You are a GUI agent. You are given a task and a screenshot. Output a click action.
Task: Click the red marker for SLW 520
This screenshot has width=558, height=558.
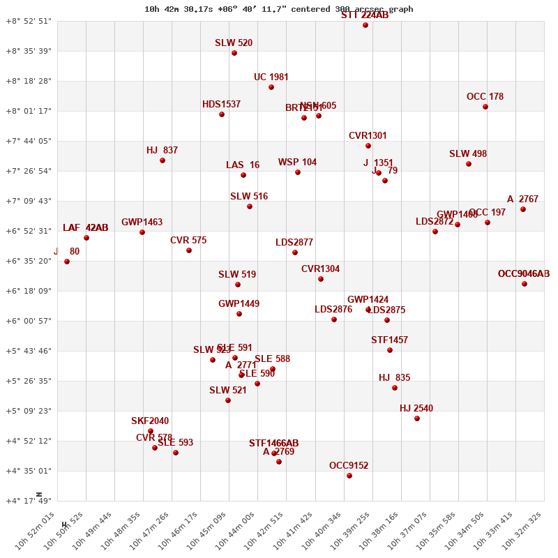tap(234, 53)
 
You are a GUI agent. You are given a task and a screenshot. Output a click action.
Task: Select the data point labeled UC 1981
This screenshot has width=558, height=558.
tap(271, 87)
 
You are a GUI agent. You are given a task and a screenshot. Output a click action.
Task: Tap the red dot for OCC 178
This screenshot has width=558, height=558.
tap(485, 107)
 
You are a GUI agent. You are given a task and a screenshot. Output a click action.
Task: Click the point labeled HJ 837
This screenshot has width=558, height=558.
tap(163, 160)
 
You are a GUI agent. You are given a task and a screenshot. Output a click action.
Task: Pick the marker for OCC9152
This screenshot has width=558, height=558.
tap(349, 476)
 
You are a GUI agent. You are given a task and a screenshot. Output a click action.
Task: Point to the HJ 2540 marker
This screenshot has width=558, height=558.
tap(417, 418)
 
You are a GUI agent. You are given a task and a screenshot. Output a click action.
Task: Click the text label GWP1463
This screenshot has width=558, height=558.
tap(142, 223)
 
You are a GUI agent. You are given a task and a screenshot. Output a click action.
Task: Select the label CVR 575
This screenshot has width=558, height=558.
tap(188, 241)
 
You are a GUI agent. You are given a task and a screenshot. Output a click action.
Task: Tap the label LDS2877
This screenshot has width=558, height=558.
tap(294, 243)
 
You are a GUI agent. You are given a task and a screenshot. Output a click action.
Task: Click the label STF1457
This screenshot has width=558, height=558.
tap(389, 340)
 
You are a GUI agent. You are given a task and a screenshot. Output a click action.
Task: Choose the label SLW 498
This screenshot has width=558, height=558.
tap(468, 154)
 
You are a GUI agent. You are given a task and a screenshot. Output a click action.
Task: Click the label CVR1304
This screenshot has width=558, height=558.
tap(320, 269)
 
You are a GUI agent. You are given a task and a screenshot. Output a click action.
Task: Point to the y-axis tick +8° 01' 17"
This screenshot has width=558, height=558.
tap(29, 111)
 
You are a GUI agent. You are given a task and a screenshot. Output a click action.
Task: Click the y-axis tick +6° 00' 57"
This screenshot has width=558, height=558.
tap(29, 321)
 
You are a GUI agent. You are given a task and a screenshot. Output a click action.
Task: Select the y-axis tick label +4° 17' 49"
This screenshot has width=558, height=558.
tap(29, 501)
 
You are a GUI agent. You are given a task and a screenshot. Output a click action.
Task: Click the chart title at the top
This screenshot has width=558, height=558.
tap(279, 9)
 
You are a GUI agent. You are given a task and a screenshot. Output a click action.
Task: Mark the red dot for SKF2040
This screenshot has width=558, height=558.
tap(151, 431)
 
